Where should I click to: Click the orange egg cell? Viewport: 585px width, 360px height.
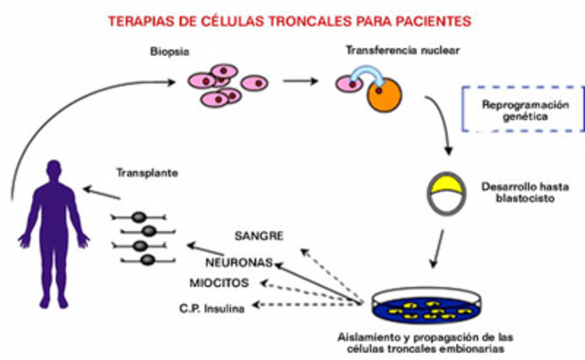click(x=386, y=93)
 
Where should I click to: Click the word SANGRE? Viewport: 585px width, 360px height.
click(x=259, y=237)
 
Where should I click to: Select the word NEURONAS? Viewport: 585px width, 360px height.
click(x=242, y=260)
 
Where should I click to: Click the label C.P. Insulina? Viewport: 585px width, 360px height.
click(x=211, y=307)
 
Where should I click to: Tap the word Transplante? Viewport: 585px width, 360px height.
click(x=147, y=171)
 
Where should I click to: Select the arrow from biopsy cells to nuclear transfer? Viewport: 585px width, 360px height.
click(x=300, y=80)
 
